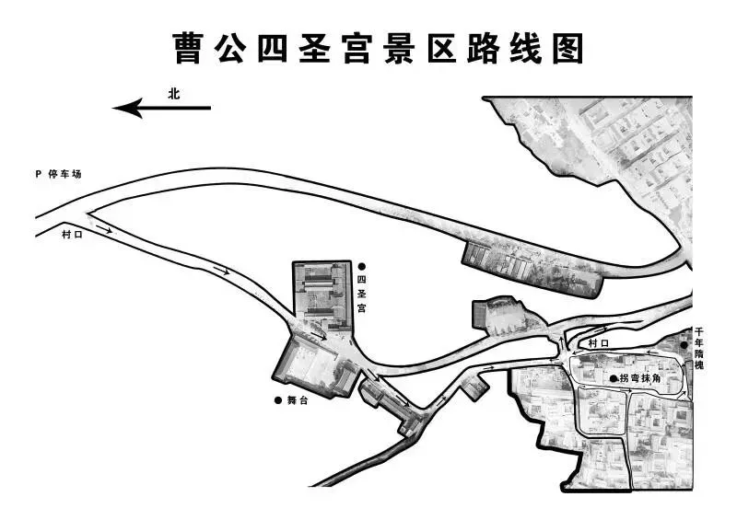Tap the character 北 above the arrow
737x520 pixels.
(174, 93)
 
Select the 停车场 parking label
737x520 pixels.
(65, 174)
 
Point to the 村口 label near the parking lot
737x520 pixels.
(72, 236)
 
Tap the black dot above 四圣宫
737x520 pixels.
(362, 266)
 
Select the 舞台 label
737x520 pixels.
(297, 400)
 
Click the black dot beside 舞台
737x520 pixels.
(278, 400)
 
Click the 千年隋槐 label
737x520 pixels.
(699, 348)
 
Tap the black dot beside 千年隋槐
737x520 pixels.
(684, 345)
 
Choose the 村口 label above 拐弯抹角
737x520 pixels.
(599, 343)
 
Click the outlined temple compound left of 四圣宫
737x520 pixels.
(322, 294)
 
